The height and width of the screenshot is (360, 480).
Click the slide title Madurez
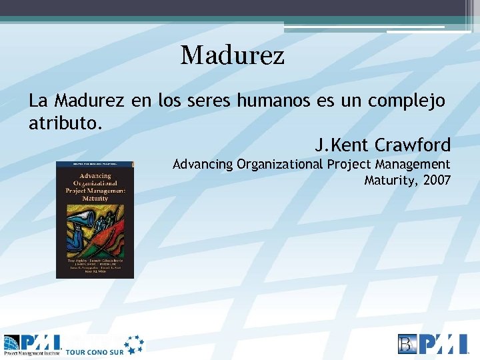(232, 55)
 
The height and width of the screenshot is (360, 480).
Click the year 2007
(437, 180)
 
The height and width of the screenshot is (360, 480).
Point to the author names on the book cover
(95, 264)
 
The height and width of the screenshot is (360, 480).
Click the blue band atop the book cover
(95, 163)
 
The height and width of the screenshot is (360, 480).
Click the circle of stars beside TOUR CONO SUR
(133, 344)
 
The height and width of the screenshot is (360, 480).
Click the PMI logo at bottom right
(433, 343)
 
